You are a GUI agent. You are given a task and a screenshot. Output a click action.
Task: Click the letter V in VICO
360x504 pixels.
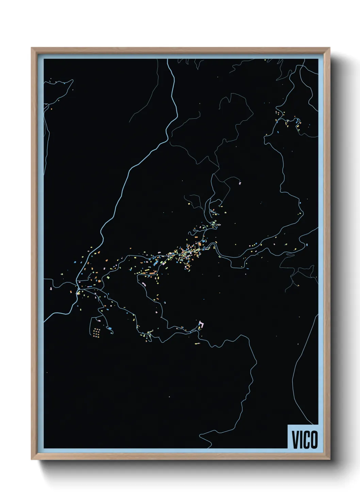tap(295, 439)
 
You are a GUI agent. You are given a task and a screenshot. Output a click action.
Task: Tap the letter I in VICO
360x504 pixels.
tap(301, 439)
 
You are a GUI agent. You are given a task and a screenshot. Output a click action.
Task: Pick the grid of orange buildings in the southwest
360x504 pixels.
tap(97, 333)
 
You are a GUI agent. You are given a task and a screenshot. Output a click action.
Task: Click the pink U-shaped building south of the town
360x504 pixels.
tap(201, 325)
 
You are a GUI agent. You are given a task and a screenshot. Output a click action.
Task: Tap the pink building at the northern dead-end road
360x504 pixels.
tap(240, 183)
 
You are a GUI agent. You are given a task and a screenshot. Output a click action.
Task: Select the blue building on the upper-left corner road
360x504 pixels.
tap(64, 83)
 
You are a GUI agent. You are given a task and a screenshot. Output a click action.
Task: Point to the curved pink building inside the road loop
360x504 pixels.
tap(144, 284)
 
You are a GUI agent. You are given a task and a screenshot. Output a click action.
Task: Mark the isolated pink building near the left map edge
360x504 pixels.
tap(51, 288)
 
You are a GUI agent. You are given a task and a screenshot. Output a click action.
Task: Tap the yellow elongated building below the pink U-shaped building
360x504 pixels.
tap(198, 343)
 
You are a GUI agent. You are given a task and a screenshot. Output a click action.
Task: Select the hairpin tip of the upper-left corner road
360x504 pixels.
tap(72, 81)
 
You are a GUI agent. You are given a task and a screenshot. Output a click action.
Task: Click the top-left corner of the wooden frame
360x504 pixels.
tap(32, 48)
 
